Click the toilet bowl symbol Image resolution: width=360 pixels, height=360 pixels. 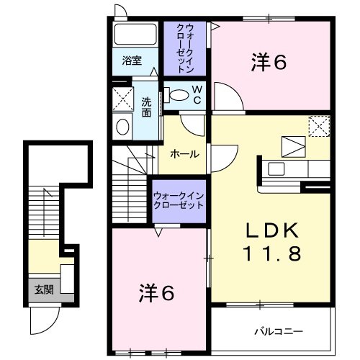(x=173, y=94)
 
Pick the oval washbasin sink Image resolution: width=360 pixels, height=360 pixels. (x=123, y=127)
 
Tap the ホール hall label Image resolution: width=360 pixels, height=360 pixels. (x=184, y=153)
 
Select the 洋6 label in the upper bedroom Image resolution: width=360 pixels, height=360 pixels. (x=269, y=63)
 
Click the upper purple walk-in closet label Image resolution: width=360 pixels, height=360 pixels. (x=184, y=49)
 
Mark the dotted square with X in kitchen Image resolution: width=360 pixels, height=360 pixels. (x=319, y=126)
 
